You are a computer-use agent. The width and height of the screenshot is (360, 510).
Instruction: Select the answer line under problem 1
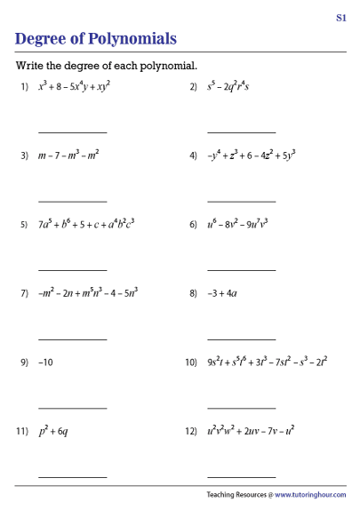[72, 131]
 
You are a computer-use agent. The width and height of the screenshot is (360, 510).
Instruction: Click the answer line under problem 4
[242, 201]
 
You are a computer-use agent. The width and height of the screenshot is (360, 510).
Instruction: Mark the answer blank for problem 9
[72, 408]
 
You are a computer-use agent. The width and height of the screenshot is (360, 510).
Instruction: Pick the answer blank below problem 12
[242, 477]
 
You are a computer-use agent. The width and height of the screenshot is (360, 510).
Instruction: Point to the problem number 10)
[190, 363]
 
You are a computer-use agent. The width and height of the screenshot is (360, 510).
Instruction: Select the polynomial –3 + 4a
[221, 293]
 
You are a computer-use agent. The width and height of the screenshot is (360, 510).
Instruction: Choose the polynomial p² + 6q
[54, 431]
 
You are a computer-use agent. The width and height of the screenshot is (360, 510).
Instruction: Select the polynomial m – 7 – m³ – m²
[68, 155]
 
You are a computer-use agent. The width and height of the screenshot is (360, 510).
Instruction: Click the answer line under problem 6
[242, 270]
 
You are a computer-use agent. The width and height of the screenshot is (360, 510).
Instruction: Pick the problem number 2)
[193, 87]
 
